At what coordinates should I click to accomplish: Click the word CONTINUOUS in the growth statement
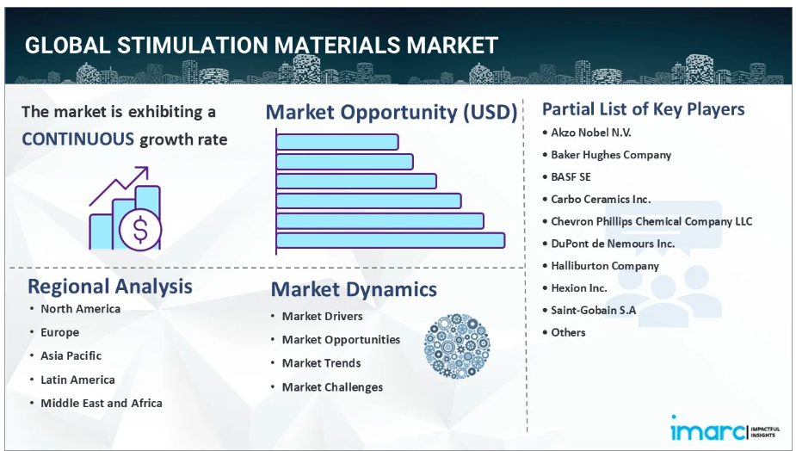(78, 139)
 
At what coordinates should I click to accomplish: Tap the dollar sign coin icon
(140, 230)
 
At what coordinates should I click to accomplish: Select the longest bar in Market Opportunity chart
(391, 240)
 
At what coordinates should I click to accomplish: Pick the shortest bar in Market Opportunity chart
(337, 142)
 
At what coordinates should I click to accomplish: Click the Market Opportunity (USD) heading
(392, 112)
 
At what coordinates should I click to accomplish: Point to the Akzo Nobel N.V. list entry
(591, 133)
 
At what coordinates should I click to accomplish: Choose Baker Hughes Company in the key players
(611, 155)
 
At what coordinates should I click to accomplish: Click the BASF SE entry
(571, 176)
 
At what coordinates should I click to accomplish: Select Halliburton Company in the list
(605, 266)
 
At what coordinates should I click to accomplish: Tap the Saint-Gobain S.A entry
(594, 310)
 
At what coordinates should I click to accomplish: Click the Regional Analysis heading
(110, 287)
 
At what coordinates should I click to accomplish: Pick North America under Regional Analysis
(81, 309)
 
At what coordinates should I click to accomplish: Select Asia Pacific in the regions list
(71, 355)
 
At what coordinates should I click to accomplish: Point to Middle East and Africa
(102, 404)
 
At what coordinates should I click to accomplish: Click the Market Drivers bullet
(323, 316)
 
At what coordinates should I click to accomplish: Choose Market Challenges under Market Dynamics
(332, 387)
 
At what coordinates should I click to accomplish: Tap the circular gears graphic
(457, 346)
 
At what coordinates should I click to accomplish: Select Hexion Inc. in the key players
(579, 288)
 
